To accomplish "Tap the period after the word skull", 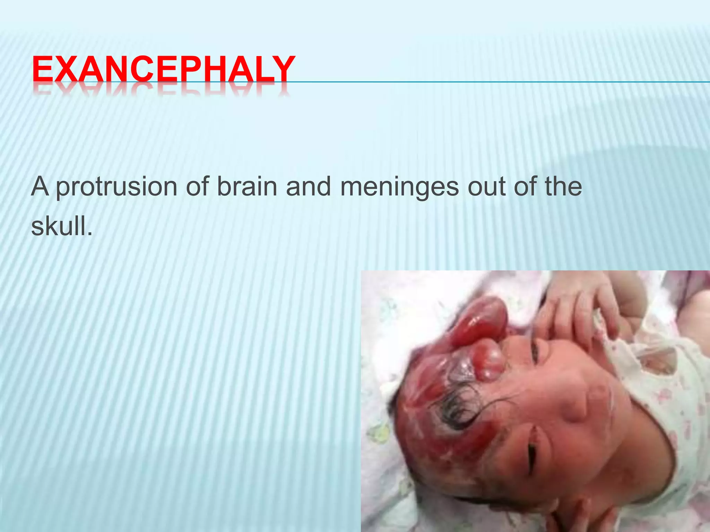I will (x=90, y=234).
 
